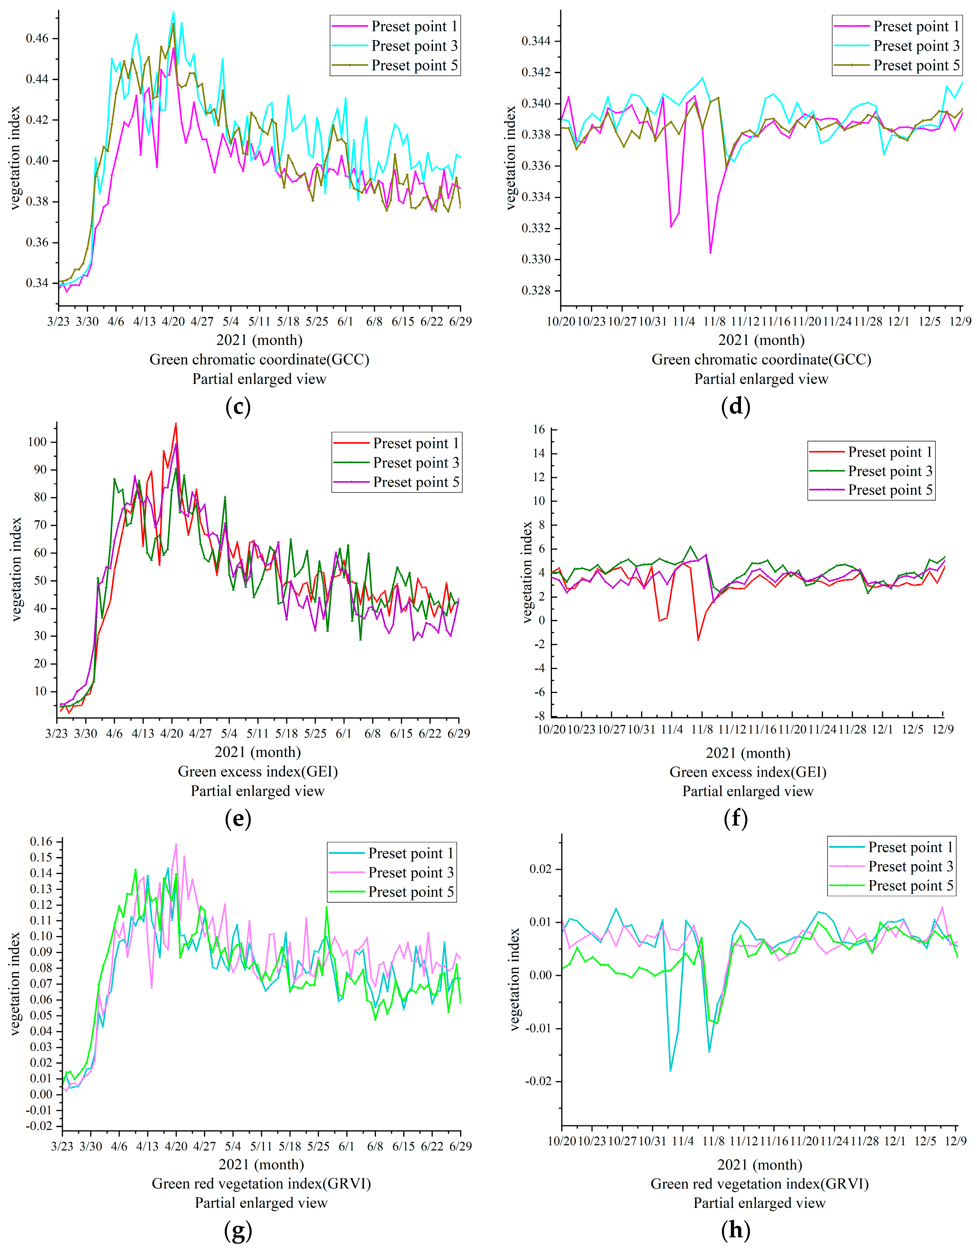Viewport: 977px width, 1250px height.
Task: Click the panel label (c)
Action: (x=238, y=407)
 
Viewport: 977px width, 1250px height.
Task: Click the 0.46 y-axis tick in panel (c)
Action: (x=38, y=38)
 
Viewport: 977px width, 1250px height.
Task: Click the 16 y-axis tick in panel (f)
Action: (x=539, y=429)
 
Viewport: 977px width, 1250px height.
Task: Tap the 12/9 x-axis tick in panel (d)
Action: (x=960, y=321)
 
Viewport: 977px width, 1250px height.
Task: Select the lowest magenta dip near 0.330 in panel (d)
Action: (x=710, y=252)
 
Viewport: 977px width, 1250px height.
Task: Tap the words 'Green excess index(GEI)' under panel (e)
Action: (x=258, y=772)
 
